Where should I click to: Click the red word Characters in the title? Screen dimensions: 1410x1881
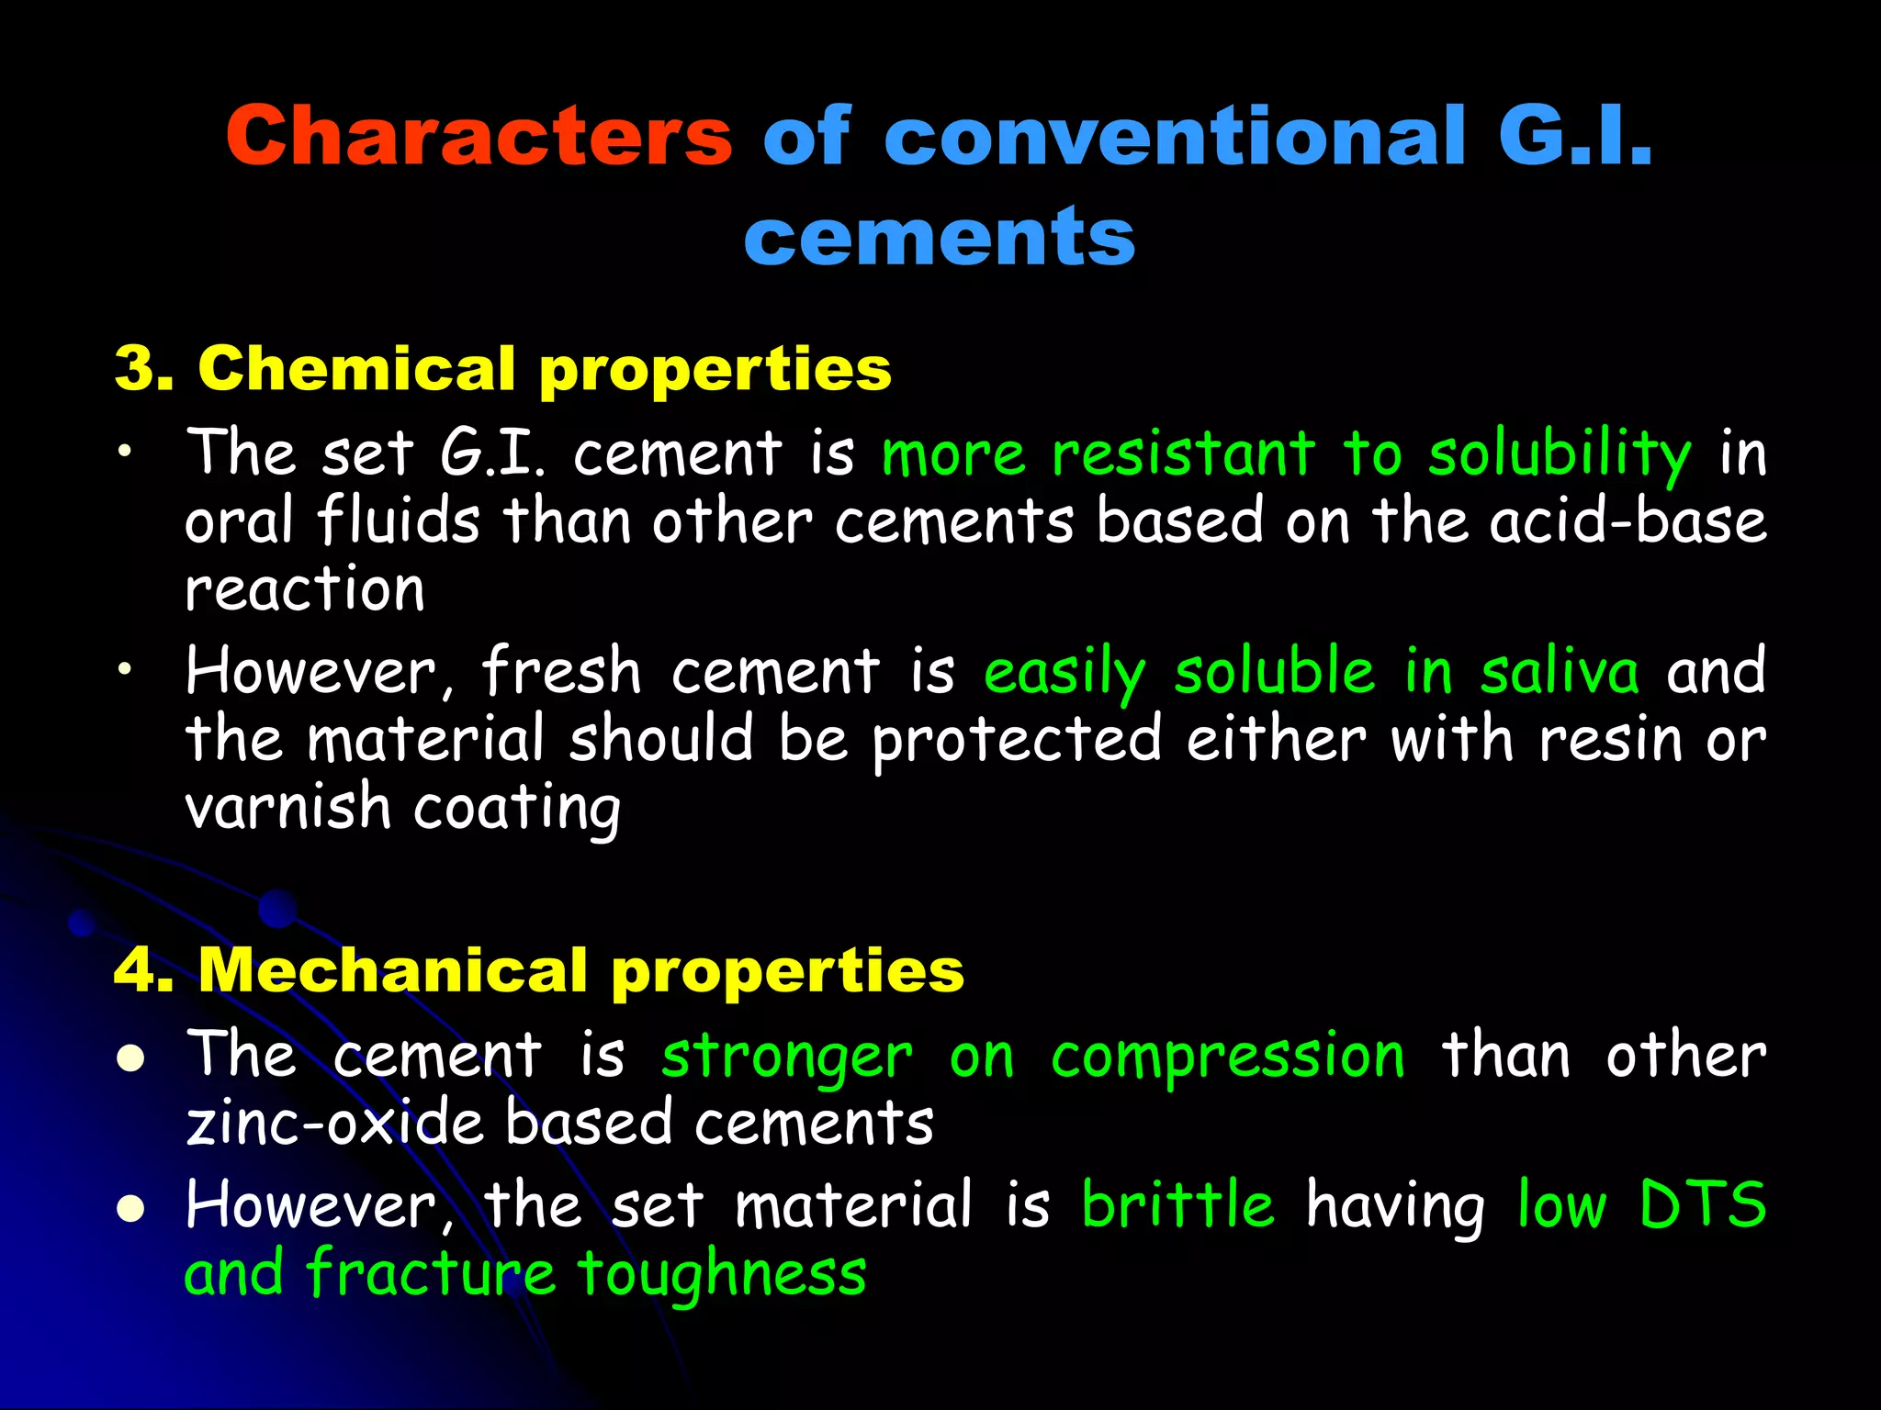coord(479,136)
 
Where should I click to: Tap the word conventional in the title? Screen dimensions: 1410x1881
coord(1175,136)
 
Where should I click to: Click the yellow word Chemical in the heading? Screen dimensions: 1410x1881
coord(356,369)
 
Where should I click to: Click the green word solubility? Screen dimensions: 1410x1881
coord(1559,455)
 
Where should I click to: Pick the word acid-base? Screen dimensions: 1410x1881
coord(1628,521)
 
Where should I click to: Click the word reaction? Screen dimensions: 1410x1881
coord(305,589)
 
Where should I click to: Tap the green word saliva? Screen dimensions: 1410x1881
coord(1559,672)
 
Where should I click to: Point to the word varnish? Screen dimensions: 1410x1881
coord(288,808)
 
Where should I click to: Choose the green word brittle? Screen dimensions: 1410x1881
coord(1178,1204)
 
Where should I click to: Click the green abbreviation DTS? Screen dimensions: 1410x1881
coord(1703,1204)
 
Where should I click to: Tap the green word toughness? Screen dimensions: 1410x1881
coord(722,1274)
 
